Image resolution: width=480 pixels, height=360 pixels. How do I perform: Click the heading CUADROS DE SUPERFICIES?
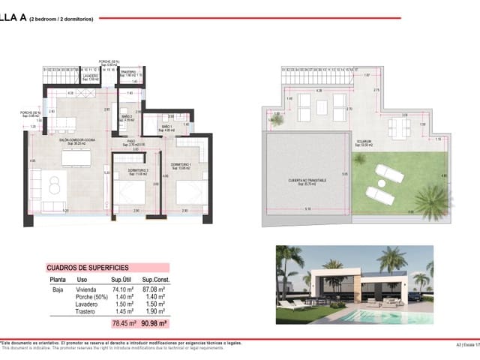[x=88, y=267]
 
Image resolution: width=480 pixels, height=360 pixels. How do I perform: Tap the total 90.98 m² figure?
[x=153, y=323]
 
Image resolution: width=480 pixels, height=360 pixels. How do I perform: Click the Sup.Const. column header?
[x=152, y=280]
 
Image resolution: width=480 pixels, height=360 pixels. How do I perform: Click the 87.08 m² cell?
[x=153, y=288]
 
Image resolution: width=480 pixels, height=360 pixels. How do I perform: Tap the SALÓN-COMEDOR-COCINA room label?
[x=78, y=139]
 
